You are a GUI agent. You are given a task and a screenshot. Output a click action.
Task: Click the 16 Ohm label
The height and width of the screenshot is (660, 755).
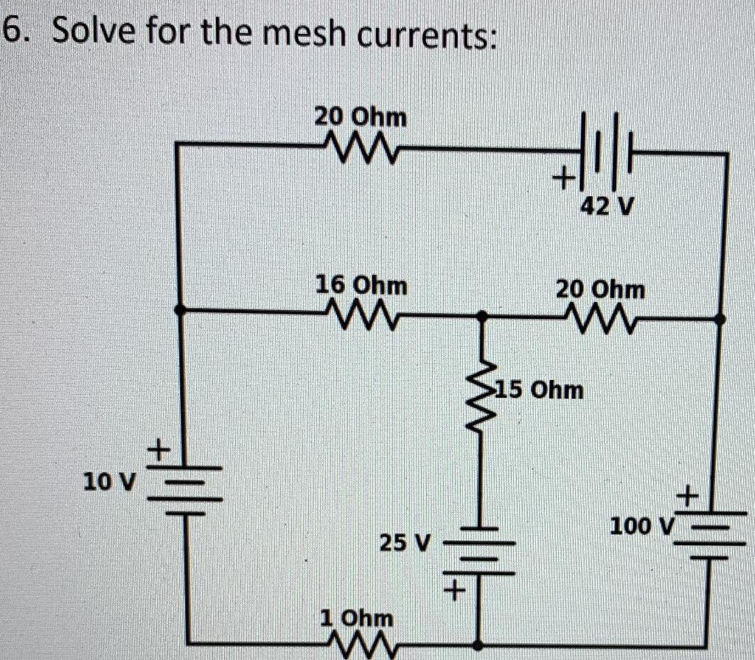click(361, 285)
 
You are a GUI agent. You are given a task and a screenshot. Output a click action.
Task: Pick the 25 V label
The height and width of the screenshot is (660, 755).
click(404, 544)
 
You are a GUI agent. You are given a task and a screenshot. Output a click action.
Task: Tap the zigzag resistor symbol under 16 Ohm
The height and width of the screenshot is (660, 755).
click(361, 315)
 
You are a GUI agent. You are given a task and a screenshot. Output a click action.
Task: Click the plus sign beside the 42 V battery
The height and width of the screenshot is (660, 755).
click(565, 178)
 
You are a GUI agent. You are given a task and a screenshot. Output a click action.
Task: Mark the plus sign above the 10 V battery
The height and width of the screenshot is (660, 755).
click(159, 447)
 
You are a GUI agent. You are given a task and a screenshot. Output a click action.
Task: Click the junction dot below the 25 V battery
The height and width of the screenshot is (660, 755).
click(482, 642)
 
